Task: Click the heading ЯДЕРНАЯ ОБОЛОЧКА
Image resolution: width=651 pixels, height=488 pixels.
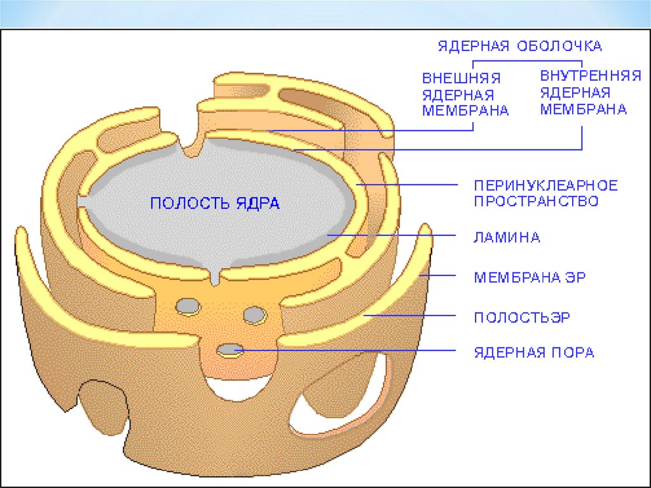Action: [519, 46]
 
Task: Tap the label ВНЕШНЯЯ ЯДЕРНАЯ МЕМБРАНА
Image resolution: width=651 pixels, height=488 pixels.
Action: [465, 94]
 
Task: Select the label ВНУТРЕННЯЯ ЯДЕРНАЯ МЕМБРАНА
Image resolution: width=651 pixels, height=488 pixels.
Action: [589, 93]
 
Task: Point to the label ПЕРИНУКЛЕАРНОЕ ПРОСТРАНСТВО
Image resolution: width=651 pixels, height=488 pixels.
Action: [545, 193]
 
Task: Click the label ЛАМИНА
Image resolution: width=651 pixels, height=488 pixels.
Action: [507, 238]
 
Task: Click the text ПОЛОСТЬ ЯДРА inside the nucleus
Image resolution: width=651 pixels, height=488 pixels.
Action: [215, 204]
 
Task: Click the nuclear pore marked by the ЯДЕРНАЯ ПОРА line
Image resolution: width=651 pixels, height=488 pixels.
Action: [229, 350]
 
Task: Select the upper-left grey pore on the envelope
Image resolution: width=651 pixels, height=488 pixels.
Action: [188, 307]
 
